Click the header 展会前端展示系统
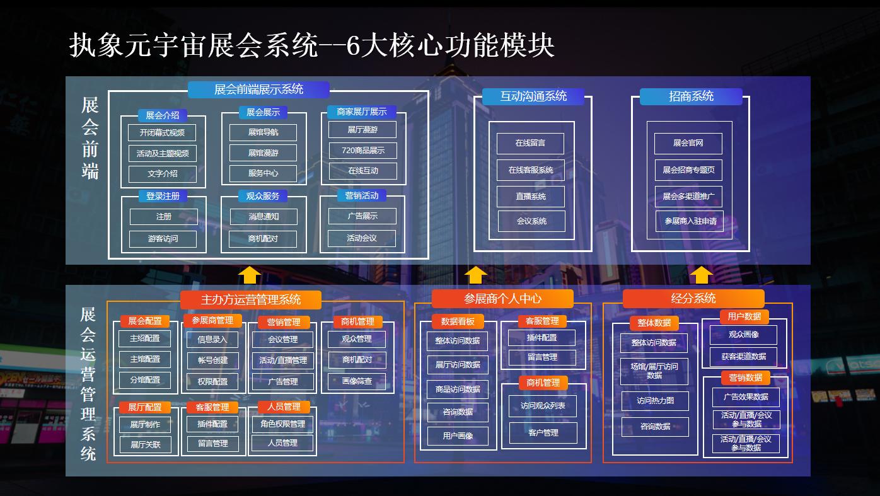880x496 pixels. coord(258,89)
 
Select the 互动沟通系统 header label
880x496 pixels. coord(533,96)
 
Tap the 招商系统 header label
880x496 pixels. coord(691,96)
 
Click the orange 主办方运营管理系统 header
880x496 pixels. coord(251,299)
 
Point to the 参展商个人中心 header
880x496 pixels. coord(502,299)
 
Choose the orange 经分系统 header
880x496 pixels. coord(693,299)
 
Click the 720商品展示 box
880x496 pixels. coord(362,151)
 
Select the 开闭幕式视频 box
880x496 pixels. coord(162,133)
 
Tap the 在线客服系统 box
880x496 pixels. coord(531,170)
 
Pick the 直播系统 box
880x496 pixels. coord(531,197)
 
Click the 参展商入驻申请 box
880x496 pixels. coord(690,221)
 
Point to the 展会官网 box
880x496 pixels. coord(688,143)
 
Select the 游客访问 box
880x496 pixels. coord(163,239)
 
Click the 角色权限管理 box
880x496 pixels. coord(282,424)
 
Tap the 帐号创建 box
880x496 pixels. coord(212,360)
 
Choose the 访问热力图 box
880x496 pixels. coord(655,401)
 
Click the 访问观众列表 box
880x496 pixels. coord(543,406)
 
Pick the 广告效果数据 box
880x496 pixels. coord(746,397)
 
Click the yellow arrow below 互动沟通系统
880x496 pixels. coord(475,275)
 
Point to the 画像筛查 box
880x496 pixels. coord(357,381)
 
